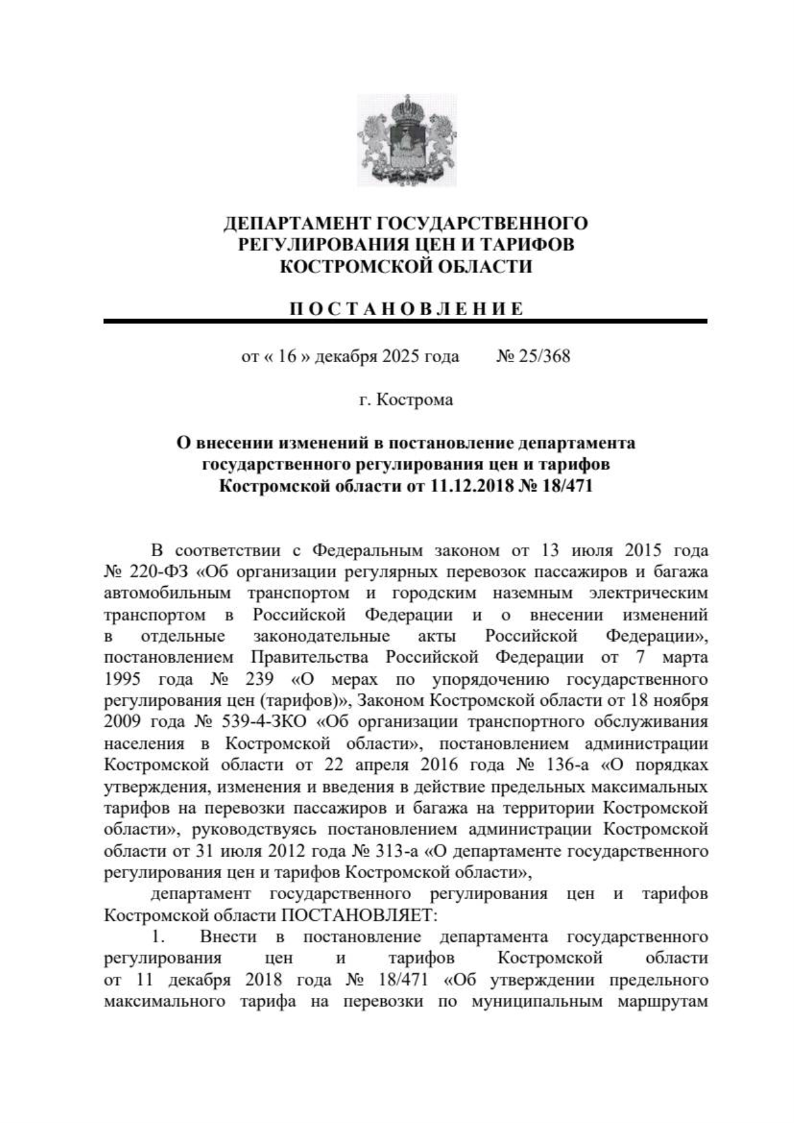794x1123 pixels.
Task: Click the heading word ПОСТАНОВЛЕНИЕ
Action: coord(406,309)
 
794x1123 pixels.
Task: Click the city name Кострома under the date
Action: coord(415,400)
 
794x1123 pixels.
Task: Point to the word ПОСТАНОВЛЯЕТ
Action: coord(359,916)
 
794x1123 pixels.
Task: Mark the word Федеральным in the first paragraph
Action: coord(367,550)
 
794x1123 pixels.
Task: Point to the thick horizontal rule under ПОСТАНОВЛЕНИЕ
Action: coord(405,321)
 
